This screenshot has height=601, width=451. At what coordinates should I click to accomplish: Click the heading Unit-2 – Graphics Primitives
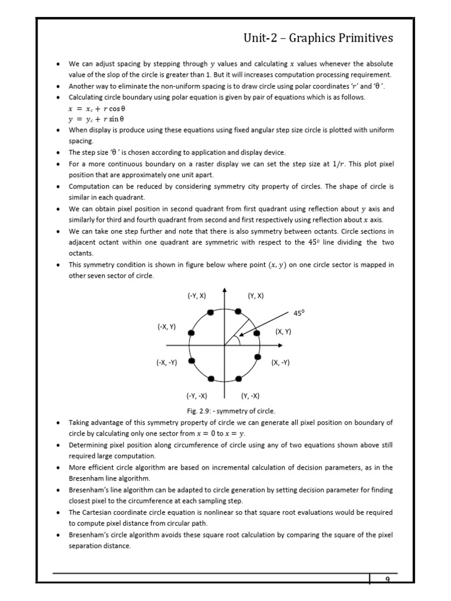318,39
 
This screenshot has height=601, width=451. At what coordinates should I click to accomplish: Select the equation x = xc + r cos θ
97,109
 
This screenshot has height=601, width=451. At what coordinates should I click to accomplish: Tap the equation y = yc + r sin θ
97,119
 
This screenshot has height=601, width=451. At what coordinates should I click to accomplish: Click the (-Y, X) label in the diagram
197,296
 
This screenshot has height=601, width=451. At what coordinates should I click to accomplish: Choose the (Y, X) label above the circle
255,296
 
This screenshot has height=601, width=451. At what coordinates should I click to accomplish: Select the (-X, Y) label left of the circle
167,326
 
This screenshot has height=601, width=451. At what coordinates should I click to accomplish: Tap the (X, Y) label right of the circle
284,332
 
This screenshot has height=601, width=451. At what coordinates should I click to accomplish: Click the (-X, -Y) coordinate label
167,363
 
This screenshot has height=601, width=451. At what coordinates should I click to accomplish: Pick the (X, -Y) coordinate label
281,363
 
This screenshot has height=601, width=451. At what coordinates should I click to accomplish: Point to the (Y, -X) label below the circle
251,395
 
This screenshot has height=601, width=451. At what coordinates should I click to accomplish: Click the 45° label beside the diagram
299,313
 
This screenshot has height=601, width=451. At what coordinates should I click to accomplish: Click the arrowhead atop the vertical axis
224,290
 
